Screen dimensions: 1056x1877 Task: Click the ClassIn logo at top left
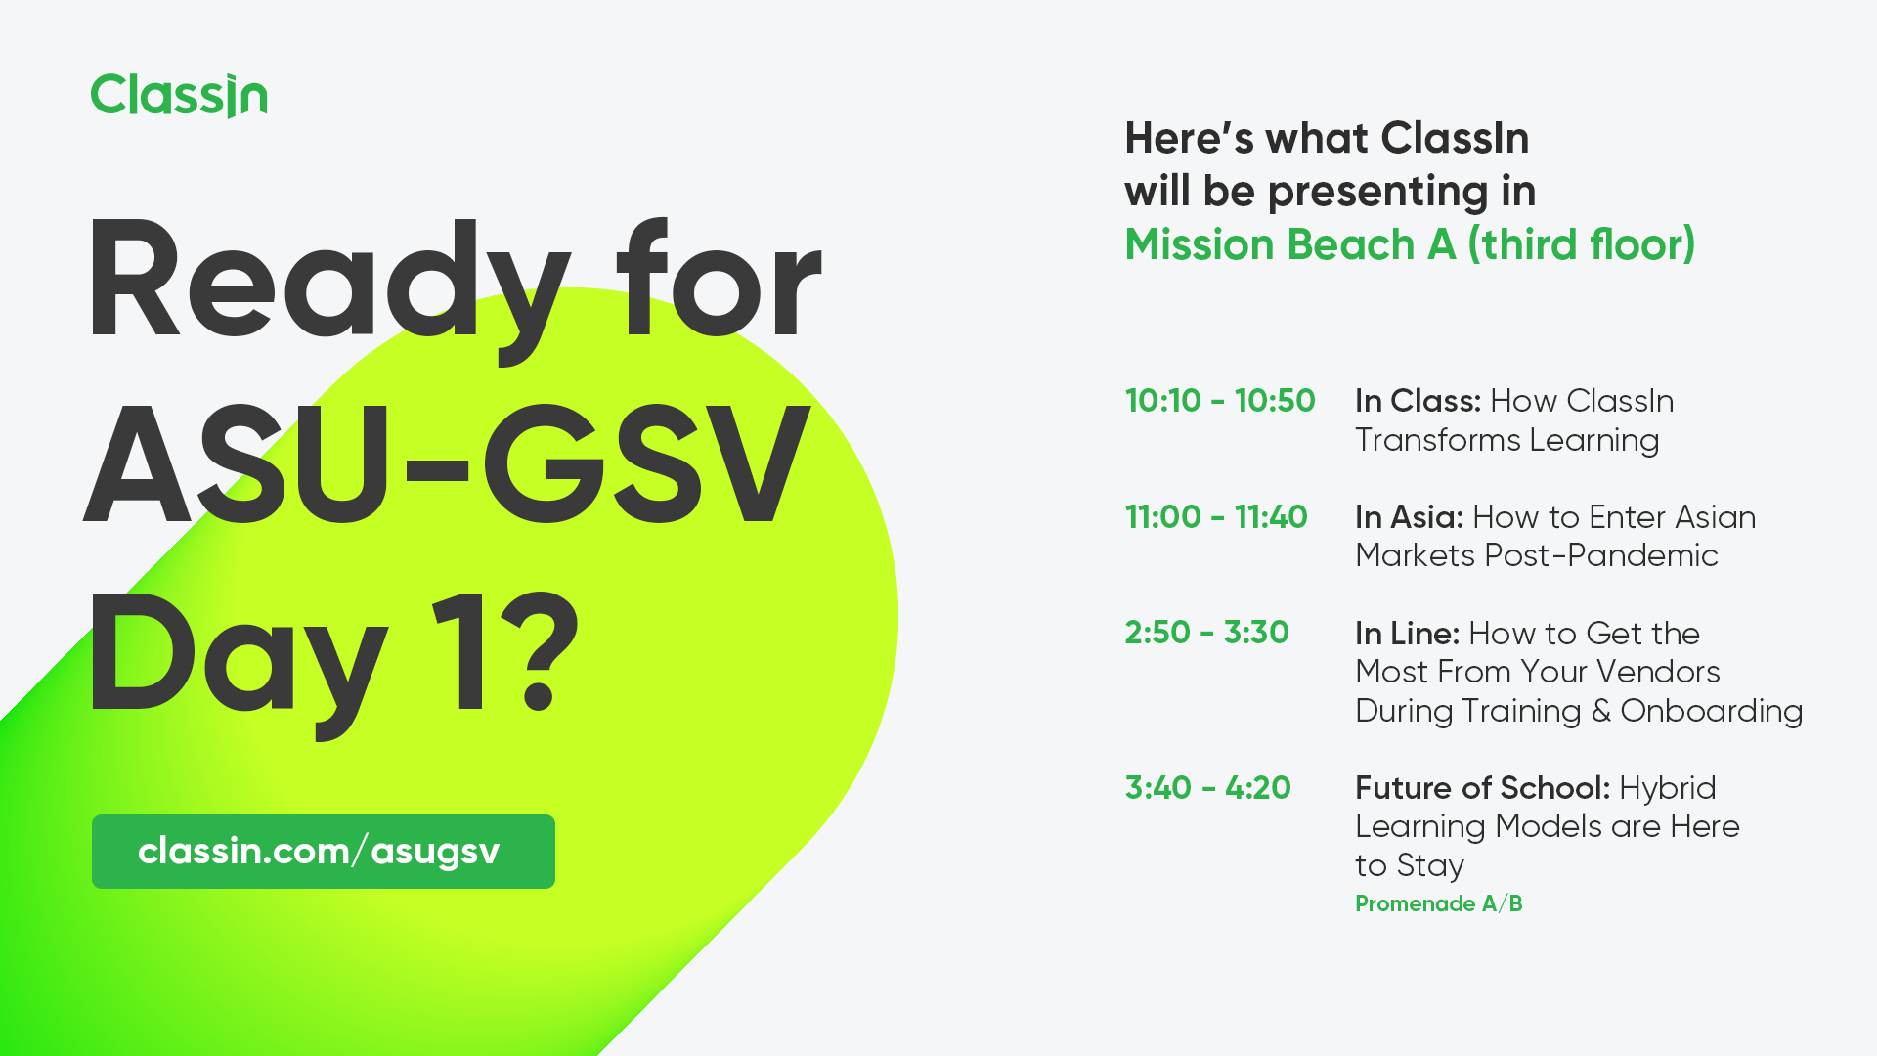point(179,96)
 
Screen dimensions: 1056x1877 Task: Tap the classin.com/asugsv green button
point(323,851)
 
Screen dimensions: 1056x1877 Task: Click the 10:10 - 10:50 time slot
point(1219,401)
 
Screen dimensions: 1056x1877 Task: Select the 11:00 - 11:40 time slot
point(1215,517)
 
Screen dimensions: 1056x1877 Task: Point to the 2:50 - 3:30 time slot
point(1206,633)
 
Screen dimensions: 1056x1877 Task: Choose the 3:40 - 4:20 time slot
point(1207,788)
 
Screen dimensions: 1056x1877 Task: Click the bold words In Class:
point(1418,401)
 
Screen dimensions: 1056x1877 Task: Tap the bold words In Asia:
point(1409,517)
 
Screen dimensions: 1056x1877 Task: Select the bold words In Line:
point(1407,634)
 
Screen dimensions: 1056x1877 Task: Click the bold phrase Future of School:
point(1482,788)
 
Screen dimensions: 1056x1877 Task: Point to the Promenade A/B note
point(1438,904)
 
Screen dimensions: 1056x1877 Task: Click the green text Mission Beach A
point(1289,244)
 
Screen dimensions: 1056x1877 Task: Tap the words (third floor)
point(1581,244)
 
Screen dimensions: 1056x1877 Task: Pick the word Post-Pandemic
point(1600,555)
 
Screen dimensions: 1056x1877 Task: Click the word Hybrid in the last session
point(1667,788)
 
